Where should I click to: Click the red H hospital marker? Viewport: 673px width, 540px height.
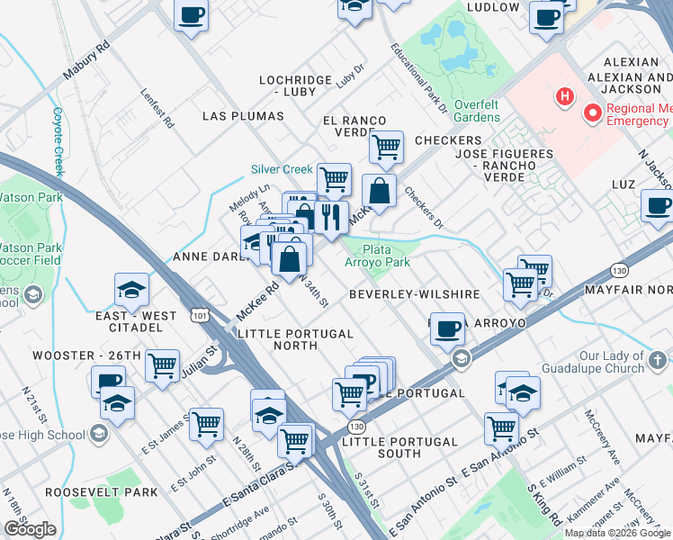[x=564, y=95]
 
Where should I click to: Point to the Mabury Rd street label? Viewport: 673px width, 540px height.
[x=85, y=62]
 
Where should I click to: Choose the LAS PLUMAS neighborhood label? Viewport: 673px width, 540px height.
[x=243, y=116]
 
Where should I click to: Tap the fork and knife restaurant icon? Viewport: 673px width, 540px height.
[x=330, y=217]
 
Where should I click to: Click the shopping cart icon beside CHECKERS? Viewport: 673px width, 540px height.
[x=386, y=145]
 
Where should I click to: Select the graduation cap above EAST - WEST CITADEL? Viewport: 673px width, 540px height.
[x=131, y=289]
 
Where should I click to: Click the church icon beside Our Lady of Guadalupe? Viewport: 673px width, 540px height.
[x=659, y=361]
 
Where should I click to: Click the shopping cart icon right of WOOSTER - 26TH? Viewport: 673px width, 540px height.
[x=162, y=365]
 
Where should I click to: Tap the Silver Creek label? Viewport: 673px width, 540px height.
[x=281, y=169]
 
